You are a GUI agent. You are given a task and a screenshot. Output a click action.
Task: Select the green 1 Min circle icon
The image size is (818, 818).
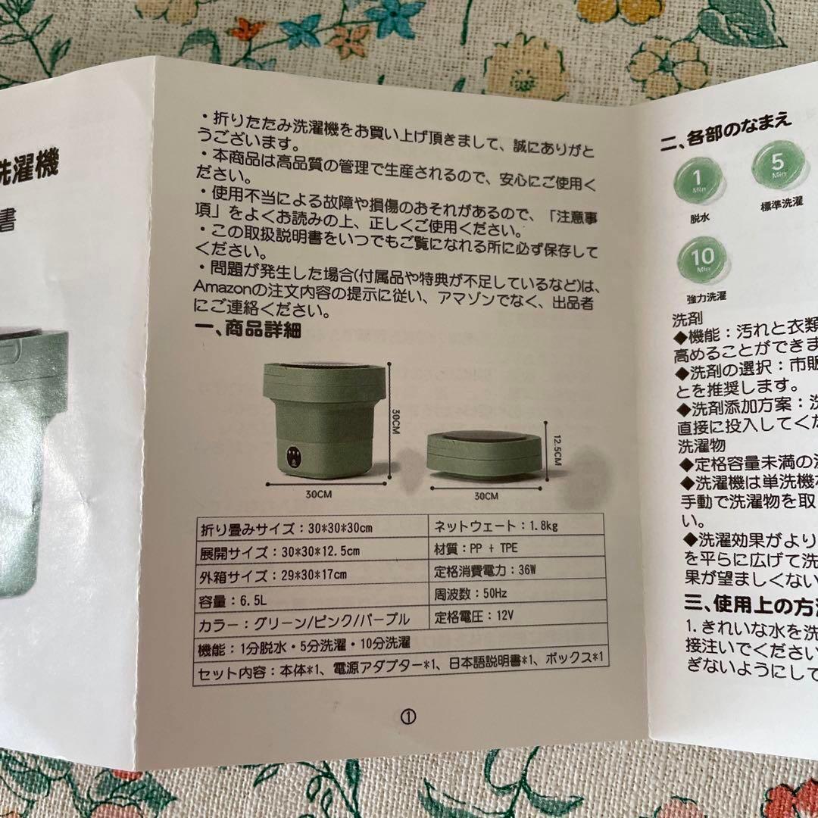point(696,180)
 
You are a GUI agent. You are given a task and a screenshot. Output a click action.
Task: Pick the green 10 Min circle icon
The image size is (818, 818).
point(701,259)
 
